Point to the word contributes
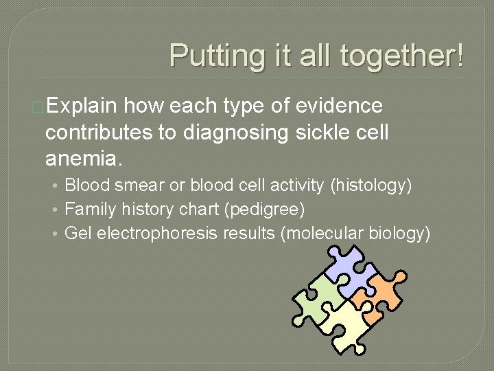coord(101,133)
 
